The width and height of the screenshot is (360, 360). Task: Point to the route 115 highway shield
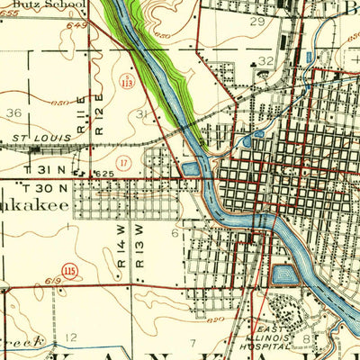[x=67, y=270]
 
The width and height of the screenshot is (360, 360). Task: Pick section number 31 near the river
[x=141, y=115]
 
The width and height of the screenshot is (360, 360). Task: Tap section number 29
[x=257, y=21]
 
